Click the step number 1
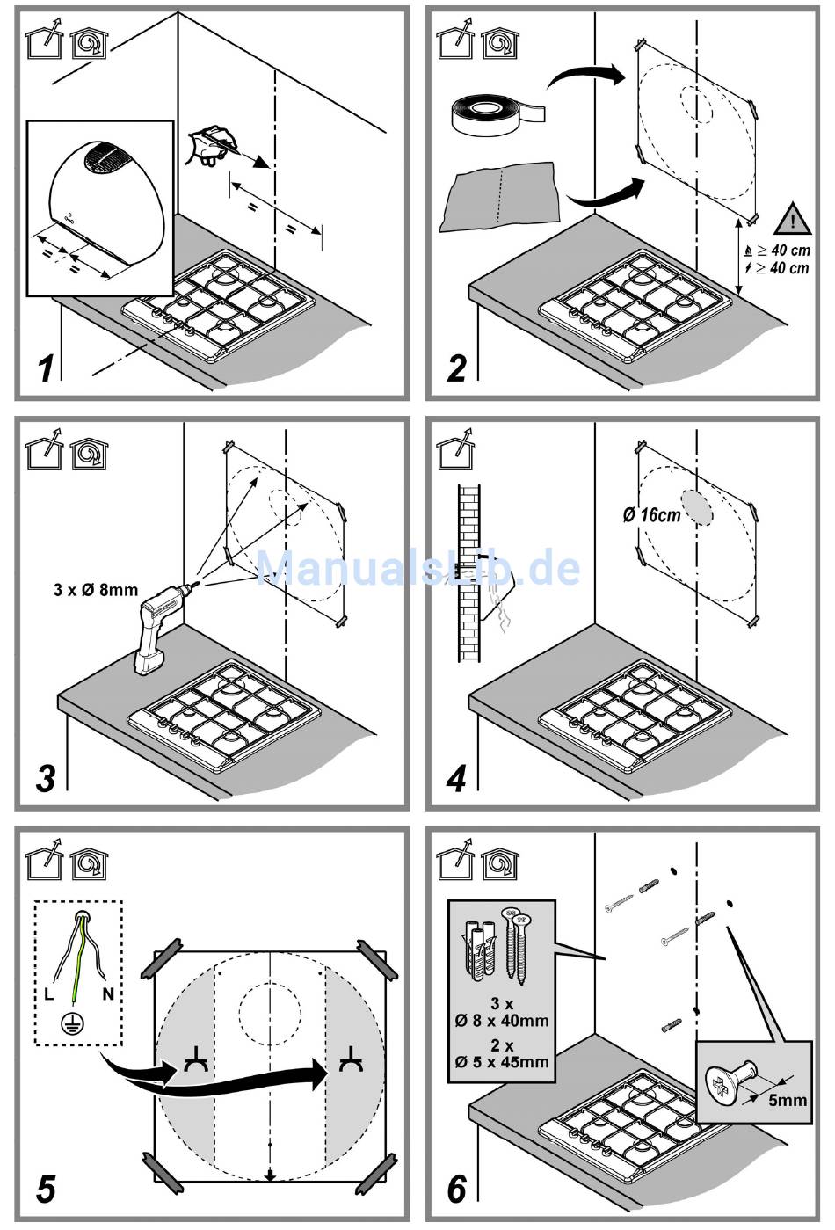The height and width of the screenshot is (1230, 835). (46, 368)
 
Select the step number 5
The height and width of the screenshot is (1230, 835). (46, 1189)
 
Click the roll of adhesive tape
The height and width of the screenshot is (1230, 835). (497, 113)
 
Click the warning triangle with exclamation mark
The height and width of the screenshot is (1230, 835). (793, 219)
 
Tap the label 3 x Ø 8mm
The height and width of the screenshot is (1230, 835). (96, 590)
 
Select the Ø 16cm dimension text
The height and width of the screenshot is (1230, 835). (651, 514)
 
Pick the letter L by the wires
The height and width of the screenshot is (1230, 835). (49, 993)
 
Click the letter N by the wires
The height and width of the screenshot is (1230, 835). (108, 993)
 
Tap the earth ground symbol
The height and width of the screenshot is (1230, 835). (69, 1023)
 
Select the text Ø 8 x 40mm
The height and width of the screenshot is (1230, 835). (502, 1020)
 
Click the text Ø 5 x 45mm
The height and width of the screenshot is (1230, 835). (502, 1061)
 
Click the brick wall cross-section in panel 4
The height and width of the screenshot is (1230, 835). (469, 572)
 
